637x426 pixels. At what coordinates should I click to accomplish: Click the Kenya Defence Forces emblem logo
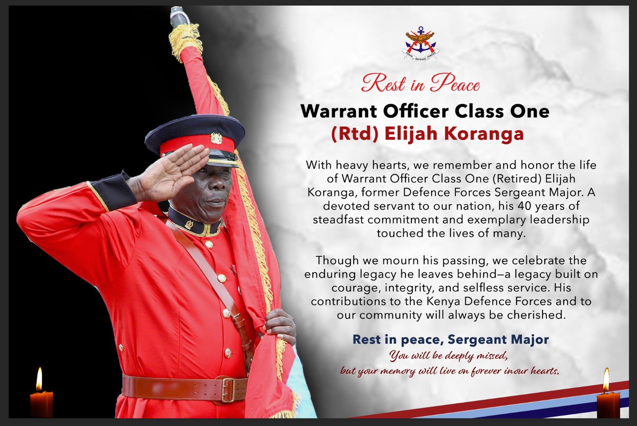tap(420, 43)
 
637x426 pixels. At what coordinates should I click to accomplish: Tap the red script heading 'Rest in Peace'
tap(420, 84)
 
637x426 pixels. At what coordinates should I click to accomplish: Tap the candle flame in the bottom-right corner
tap(606, 379)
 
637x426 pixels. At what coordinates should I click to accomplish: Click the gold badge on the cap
tap(216, 138)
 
